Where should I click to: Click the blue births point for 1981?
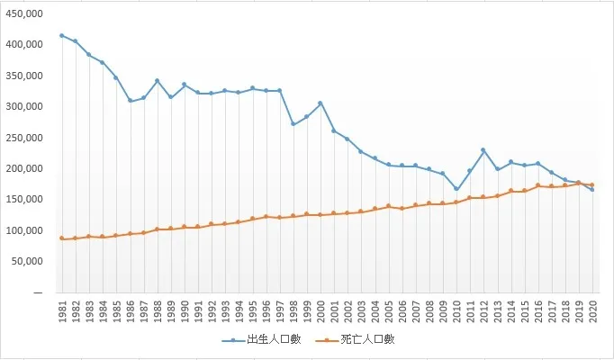(61, 36)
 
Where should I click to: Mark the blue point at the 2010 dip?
(456, 190)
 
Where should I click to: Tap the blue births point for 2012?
(483, 150)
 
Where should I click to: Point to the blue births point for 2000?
(320, 103)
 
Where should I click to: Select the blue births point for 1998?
(293, 124)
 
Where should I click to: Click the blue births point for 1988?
(157, 81)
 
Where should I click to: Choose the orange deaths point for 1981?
(61, 238)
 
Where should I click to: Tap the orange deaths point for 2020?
(591, 184)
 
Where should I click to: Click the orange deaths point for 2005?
(388, 206)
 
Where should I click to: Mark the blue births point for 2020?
(591, 190)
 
